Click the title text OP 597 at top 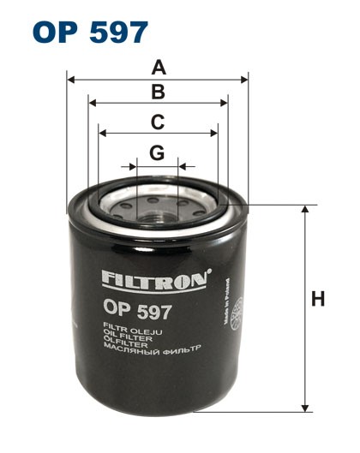pyautogui.click(x=90, y=32)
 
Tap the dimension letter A pyautogui.click(x=157, y=67)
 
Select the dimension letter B pyautogui.click(x=157, y=92)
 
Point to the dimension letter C pyautogui.click(x=157, y=122)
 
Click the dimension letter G pyautogui.click(x=157, y=152)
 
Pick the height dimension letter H pyautogui.click(x=318, y=300)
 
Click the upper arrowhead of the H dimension pyautogui.click(x=304, y=210)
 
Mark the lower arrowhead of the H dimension pyautogui.click(x=304, y=408)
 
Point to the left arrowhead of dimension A pyautogui.click(x=70, y=80)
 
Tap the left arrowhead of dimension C pyautogui.click(x=101, y=133)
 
